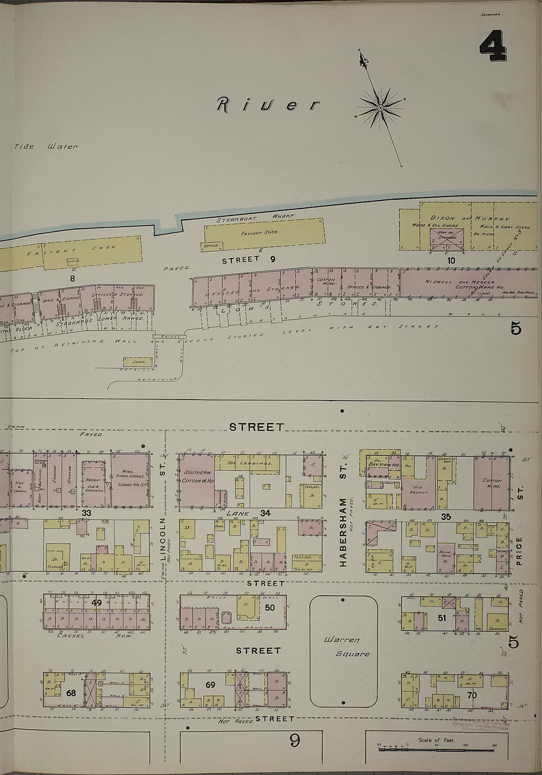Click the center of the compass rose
[x=380, y=107]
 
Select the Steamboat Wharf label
[x=256, y=217]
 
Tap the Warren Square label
[x=343, y=648]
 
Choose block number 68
[x=71, y=693]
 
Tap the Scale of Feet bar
[x=438, y=748]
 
